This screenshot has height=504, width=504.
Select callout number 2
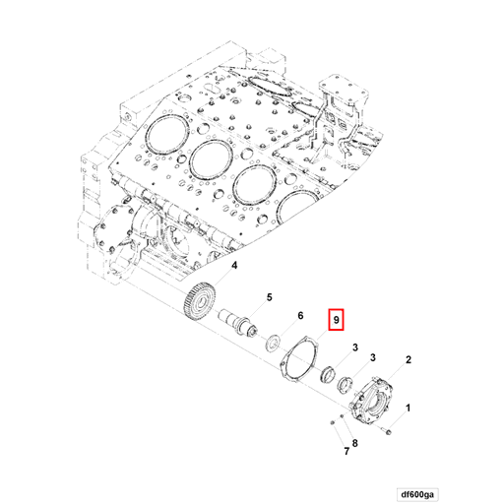pos(408,361)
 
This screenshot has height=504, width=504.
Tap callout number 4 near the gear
pos(234,266)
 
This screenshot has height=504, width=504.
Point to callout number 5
pos(267,296)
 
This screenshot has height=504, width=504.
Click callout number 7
pos(346,452)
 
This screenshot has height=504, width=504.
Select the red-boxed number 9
pos(336,321)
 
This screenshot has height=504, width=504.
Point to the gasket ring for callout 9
pos(298,360)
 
